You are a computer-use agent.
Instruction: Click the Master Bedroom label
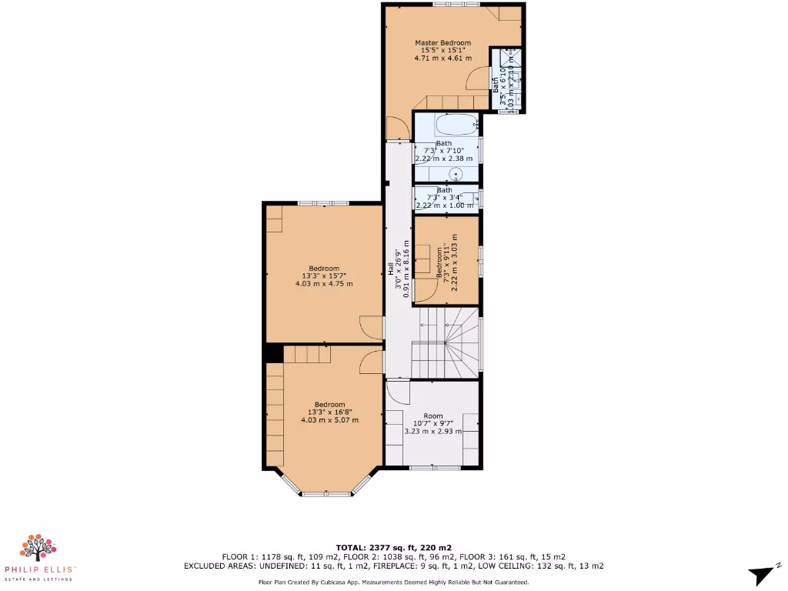(x=442, y=50)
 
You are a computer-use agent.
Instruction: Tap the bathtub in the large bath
(x=446, y=125)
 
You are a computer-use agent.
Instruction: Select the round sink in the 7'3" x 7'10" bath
(x=456, y=173)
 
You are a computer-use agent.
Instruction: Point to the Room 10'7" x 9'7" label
(x=433, y=424)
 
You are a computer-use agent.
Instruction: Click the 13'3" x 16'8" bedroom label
(x=329, y=412)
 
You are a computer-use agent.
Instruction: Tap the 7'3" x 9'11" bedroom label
(x=447, y=262)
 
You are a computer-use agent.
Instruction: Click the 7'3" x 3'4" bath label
(x=445, y=198)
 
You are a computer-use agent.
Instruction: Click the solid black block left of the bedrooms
(x=273, y=352)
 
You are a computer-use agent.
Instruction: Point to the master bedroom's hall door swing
(x=396, y=129)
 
